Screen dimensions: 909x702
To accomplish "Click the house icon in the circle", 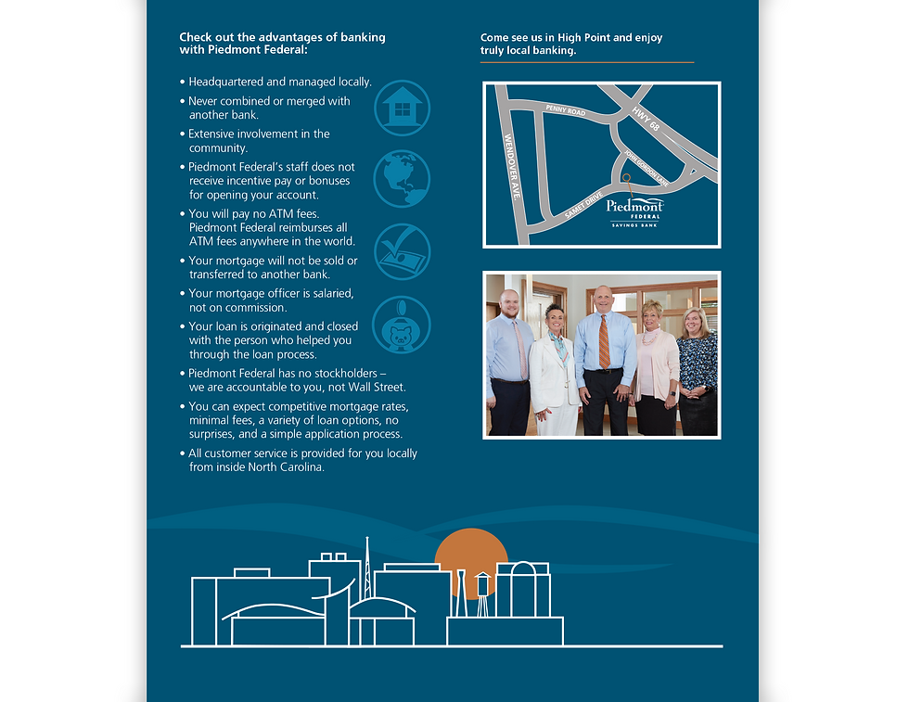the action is pyautogui.click(x=402, y=108).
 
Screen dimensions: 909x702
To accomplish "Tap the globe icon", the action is pyautogui.click(x=402, y=179).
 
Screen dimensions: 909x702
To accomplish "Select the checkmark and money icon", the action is pyautogui.click(x=402, y=251).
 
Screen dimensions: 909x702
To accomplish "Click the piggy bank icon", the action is pyautogui.click(x=401, y=325).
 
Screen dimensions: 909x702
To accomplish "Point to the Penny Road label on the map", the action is pyautogui.click(x=565, y=109).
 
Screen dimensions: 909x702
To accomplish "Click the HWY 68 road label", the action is pyautogui.click(x=646, y=119).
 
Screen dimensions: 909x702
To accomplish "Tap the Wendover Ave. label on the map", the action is pyautogui.click(x=511, y=167).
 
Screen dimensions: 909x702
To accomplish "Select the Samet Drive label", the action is pyautogui.click(x=583, y=205).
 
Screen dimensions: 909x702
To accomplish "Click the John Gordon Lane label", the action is pyautogui.click(x=646, y=168).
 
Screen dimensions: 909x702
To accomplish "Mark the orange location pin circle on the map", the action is pyautogui.click(x=626, y=177).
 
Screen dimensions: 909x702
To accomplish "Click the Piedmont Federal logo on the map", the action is pyautogui.click(x=634, y=213).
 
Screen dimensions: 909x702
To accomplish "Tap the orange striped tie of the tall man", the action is pyautogui.click(x=604, y=341).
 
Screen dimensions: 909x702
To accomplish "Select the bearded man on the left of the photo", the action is pyautogui.click(x=509, y=363).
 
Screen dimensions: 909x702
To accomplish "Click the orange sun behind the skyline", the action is pyautogui.click(x=471, y=556).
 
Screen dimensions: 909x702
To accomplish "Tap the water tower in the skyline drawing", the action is pyautogui.click(x=482, y=594).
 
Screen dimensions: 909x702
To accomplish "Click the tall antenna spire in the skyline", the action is pyautogui.click(x=367, y=568).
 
